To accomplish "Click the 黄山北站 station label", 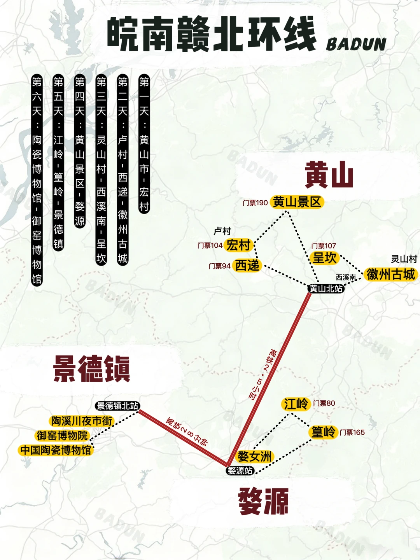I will [x=326, y=289].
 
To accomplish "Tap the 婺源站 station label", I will [x=240, y=471].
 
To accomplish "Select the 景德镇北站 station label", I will [x=117, y=406].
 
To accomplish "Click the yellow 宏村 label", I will [x=238, y=245].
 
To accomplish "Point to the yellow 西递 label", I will [x=247, y=266].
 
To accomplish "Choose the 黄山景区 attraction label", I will [x=297, y=202].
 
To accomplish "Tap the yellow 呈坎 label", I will [x=325, y=258].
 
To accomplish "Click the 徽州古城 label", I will [x=390, y=274].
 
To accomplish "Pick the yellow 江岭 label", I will [x=296, y=404].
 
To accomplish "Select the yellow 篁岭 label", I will [x=323, y=432].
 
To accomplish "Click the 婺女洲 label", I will [x=255, y=456].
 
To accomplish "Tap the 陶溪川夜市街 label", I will [x=82, y=421].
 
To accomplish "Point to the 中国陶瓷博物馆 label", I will [x=56, y=450].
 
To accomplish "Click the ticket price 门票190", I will [x=255, y=203].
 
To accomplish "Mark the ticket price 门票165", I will [x=352, y=432].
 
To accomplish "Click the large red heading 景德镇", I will [x=92, y=369].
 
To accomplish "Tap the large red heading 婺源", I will [x=263, y=501].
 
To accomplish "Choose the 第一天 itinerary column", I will [x=144, y=144].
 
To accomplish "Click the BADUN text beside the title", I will [x=356, y=44].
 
